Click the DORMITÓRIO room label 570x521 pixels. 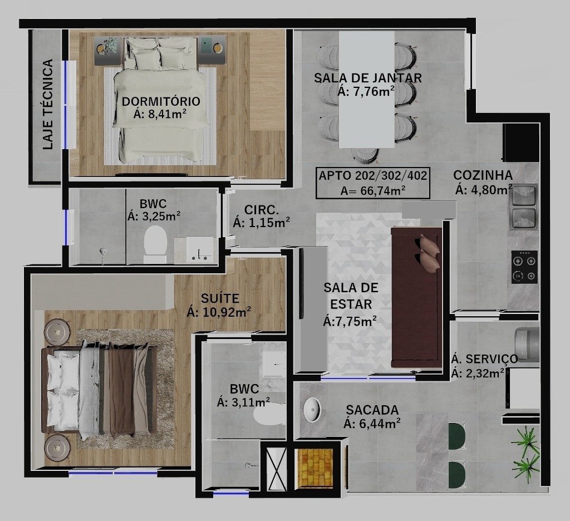point(161,101)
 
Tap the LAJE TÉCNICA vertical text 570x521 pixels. point(48,104)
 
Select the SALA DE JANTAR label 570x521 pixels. point(368,78)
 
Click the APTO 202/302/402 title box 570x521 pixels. point(372,183)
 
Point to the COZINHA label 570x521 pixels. point(483,175)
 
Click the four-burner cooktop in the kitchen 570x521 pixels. point(524,267)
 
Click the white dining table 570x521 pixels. point(366,90)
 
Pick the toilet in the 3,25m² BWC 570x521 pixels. point(155,244)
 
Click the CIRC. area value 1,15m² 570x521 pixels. point(262,222)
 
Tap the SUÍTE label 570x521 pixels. point(220,298)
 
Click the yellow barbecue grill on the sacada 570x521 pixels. point(315,468)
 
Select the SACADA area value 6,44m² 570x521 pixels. point(372,424)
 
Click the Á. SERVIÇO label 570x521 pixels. point(484,359)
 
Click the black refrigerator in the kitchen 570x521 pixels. point(520,142)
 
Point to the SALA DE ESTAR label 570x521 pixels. point(351,296)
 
